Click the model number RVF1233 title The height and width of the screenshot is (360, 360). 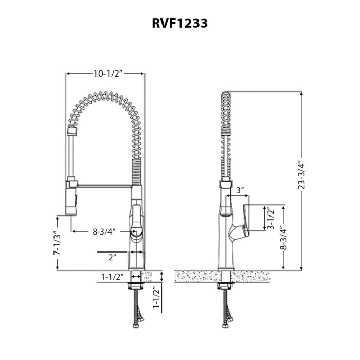(180, 23)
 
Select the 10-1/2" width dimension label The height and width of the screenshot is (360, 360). (109, 74)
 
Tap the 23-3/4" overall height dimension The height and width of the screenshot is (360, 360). (301, 174)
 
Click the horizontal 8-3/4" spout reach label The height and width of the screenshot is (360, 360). (104, 231)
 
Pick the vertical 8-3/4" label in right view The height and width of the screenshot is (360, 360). (284, 238)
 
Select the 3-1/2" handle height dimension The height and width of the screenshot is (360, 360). (271, 218)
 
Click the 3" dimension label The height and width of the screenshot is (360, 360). (240, 190)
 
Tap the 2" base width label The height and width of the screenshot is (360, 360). (113, 257)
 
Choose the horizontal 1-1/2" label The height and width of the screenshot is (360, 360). (113, 277)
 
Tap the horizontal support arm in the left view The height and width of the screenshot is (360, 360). (104, 186)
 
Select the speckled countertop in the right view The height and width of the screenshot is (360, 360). (222, 277)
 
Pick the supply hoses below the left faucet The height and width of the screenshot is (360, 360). (137, 308)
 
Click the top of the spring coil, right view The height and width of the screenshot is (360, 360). (226, 95)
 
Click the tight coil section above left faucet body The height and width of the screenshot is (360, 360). (136, 171)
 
